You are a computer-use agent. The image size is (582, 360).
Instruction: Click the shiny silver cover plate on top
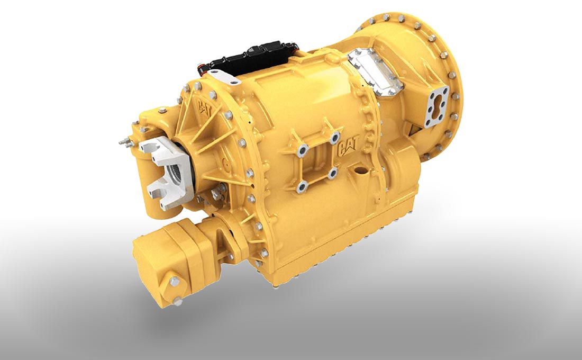click(x=375, y=71)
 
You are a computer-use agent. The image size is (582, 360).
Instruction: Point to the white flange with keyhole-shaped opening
click(x=436, y=106)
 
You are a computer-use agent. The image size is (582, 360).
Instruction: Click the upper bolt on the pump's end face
click(x=174, y=281)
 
